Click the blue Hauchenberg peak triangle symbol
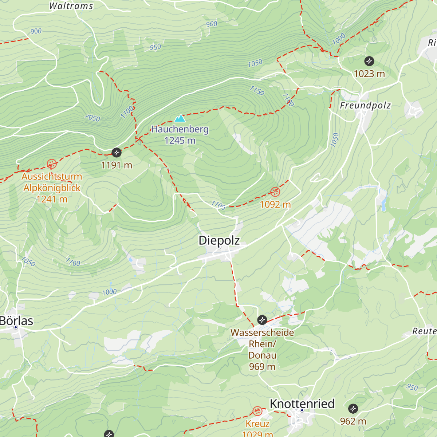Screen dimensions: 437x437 tap(180, 118)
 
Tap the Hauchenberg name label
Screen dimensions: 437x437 tap(180, 129)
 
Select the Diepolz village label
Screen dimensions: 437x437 tap(219, 240)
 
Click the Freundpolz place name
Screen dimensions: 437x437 tap(365, 106)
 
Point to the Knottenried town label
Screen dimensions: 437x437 tap(302, 403)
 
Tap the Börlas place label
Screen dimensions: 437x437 tap(16, 321)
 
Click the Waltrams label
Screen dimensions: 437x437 tap(71, 6)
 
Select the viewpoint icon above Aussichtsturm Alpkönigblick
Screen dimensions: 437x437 tap(52, 164)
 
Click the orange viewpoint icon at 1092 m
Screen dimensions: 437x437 tap(275, 192)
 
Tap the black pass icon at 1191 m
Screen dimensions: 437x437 tap(117, 152)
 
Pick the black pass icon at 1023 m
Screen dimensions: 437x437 tap(369, 61)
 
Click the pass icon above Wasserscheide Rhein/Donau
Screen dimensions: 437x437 tap(262, 320)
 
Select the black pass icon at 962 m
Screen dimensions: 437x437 tap(353, 409)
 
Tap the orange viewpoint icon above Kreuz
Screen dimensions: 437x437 tap(257, 412)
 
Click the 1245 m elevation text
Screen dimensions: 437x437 tap(180, 141)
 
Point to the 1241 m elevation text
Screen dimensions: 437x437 tap(52, 199)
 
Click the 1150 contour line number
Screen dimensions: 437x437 tap(257, 90)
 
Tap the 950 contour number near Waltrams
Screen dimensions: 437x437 tap(155, 47)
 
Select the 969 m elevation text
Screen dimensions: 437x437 tap(262, 367)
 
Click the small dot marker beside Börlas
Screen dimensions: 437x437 tap(16, 327)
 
